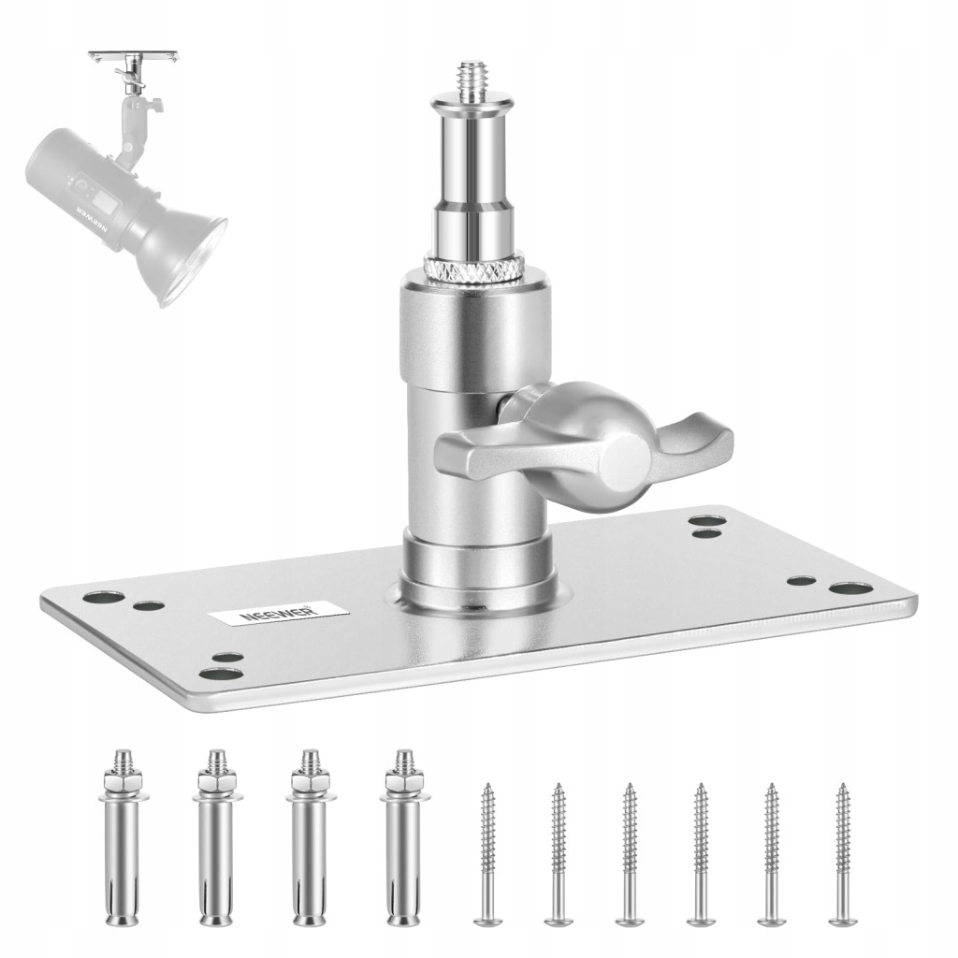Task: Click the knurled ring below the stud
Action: pos(474,269)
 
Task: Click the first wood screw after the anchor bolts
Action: pos(487,854)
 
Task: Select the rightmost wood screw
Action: pos(843,854)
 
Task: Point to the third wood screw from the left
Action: pos(630,854)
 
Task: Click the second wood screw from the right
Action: pos(772,854)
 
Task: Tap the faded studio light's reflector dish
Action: pos(183,254)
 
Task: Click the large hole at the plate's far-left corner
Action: pos(104,598)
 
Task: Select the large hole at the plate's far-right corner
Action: pos(850,589)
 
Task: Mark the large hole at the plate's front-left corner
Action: pos(222,675)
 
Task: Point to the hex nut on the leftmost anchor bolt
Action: pos(123,781)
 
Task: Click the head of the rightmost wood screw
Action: pos(843,921)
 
